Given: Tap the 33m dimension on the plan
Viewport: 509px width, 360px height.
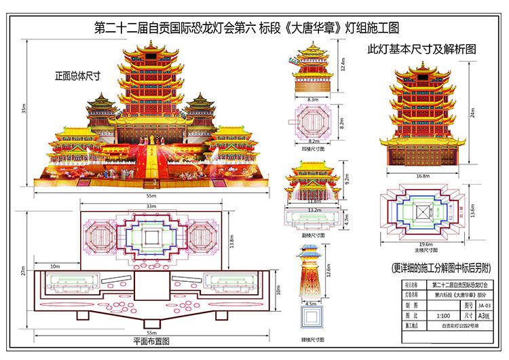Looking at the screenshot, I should [x=151, y=205].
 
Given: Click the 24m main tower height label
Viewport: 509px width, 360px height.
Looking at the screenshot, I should [x=473, y=113].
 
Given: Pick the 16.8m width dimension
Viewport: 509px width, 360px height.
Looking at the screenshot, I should [x=423, y=176].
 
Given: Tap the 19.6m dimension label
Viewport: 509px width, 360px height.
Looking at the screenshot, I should [x=426, y=245].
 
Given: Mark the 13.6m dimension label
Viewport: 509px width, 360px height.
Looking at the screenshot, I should [x=473, y=211].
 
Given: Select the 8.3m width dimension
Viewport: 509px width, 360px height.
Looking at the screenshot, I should [x=313, y=100].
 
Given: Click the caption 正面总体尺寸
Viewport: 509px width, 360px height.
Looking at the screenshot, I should [x=78, y=76].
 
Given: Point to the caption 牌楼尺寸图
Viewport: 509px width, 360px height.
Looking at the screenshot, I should [x=313, y=339].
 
